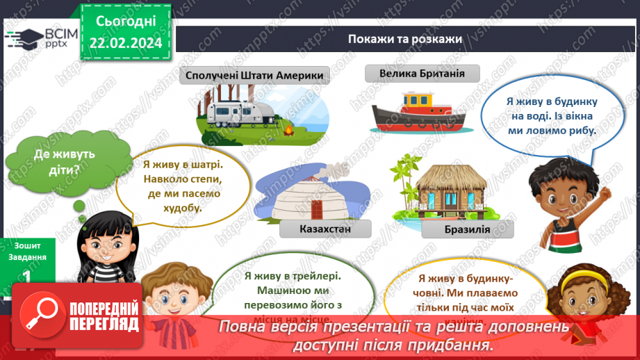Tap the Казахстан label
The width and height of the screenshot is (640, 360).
pyautogui.click(x=325, y=229)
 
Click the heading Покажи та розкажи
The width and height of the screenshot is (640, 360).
pyautogui.click(x=405, y=39)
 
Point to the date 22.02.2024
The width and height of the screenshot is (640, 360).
pyautogui.click(x=124, y=44)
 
